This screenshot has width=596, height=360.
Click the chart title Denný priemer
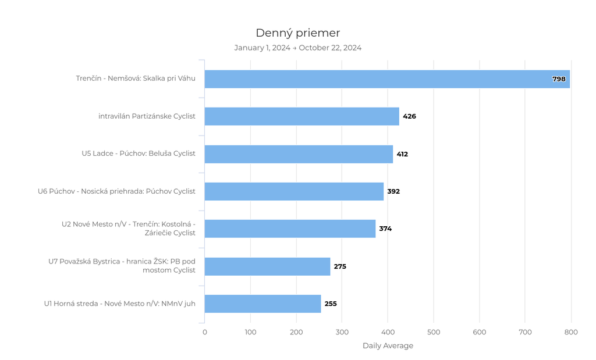[297, 33]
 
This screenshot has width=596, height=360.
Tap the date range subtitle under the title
[297, 48]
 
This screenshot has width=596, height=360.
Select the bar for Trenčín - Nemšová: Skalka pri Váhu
[386, 79]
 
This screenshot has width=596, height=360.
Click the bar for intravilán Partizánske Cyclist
[301, 116]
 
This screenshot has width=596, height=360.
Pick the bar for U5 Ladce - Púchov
[299, 154]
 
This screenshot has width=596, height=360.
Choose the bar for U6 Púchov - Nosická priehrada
[294, 191]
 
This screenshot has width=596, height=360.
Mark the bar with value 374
[290, 229]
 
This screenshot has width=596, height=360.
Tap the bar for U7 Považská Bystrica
[267, 266]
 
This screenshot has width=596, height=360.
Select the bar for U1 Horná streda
[262, 304]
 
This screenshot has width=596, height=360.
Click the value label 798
[559, 79]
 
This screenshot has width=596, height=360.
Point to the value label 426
[409, 116]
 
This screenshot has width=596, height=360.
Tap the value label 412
[402, 154]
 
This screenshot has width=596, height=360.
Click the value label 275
[340, 266]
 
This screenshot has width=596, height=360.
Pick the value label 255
[331, 304]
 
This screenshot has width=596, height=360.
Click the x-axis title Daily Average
[388, 346]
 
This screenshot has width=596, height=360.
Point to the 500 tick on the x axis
[434, 332]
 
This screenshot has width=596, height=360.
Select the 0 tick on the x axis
[205, 332]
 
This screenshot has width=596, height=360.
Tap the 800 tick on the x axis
[570, 332]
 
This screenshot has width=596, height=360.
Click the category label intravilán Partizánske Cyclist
[147, 116]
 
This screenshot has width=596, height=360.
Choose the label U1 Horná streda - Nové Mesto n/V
[119, 304]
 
